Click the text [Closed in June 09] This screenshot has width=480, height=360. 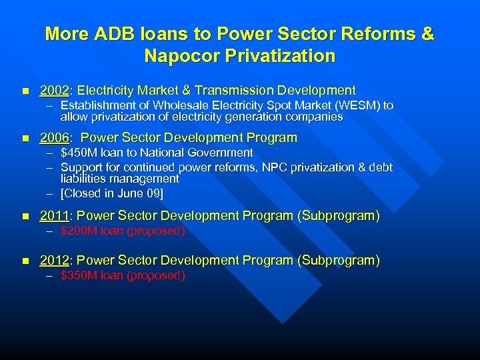(x=111, y=193)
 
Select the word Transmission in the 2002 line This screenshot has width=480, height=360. (x=237, y=90)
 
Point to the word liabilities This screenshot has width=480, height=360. (x=85, y=179)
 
